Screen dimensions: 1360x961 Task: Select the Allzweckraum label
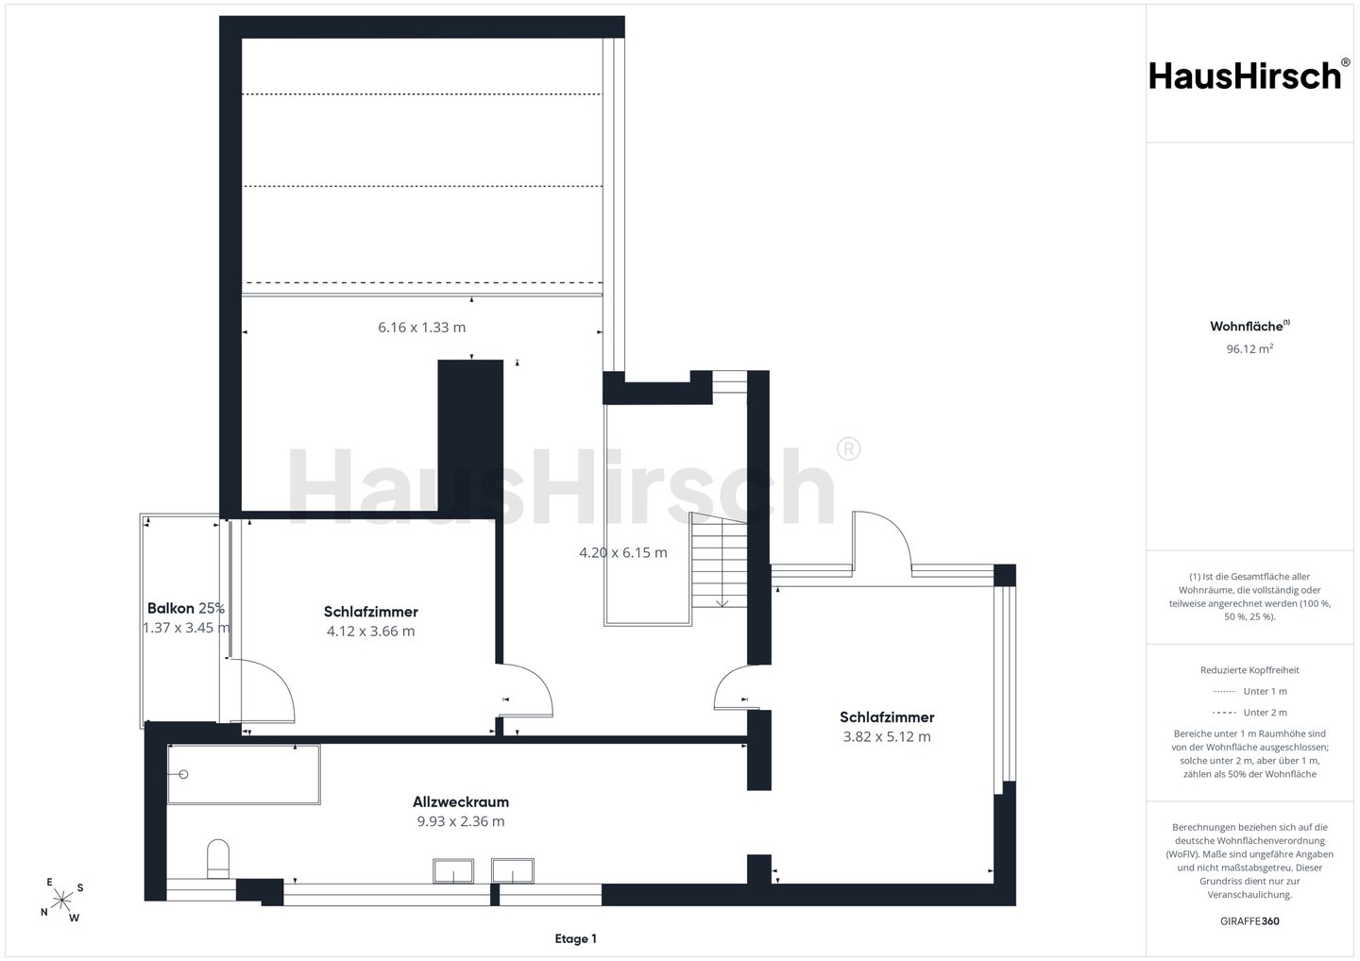[461, 802]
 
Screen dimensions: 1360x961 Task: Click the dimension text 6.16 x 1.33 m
[422, 328]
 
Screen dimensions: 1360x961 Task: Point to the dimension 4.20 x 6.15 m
[623, 552]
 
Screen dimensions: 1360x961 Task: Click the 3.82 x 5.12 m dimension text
[887, 736]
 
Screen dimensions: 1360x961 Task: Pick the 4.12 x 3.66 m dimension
[371, 631]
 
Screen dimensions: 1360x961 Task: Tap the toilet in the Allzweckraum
[218, 858]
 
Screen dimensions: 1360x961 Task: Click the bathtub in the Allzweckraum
[244, 775]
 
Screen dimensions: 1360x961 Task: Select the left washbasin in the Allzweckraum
[453, 870]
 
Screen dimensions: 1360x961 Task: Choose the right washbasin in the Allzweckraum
[513, 870]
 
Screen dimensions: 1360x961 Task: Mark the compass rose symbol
[62, 900]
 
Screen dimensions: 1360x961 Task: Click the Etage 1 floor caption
[575, 938]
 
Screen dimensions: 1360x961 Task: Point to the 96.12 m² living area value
[1249, 348]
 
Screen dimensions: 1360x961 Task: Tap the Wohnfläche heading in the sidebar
[1249, 326]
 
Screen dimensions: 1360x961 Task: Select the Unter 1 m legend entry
[1249, 691]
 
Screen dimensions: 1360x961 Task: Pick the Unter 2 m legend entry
[1249, 713]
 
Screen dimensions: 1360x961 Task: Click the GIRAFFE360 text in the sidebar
[1249, 921]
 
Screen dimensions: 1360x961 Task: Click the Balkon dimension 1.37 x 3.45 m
[186, 628]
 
